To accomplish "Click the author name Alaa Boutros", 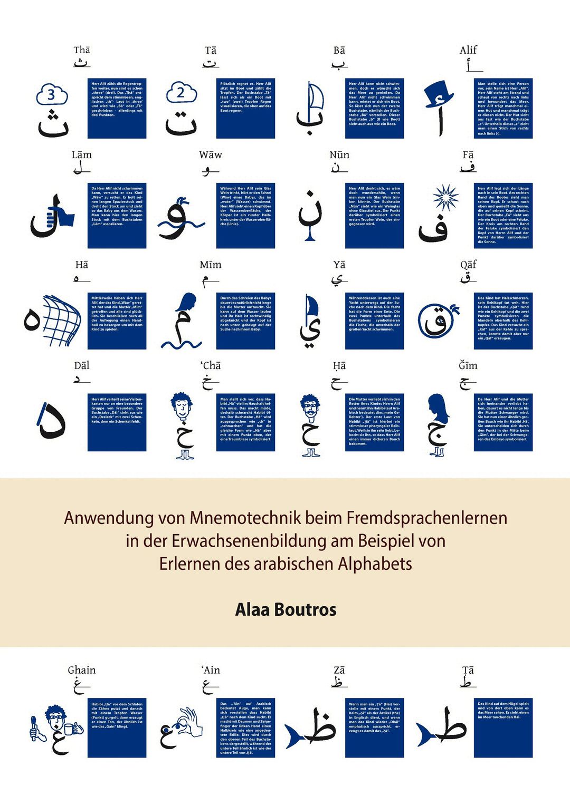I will [x=286, y=609].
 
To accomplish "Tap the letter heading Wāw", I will [x=211, y=155].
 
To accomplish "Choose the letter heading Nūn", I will [x=339, y=155].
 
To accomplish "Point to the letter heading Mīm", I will [x=211, y=265].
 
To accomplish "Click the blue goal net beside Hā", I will [x=61, y=318].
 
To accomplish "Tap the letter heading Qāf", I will [x=468, y=265].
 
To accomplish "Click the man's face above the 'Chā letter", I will [x=182, y=406].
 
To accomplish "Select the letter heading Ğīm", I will [x=468, y=366].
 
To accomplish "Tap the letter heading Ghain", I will [x=82, y=670].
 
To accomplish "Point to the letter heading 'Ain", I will [x=211, y=670].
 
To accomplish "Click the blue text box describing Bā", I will [x=374, y=109].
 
